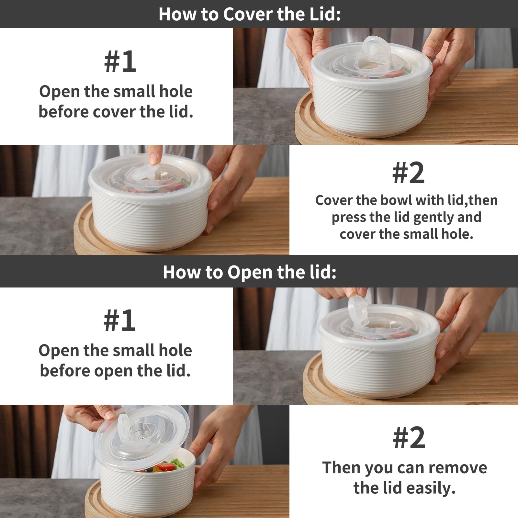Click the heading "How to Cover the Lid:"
[x=250, y=14]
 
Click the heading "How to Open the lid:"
[x=250, y=272]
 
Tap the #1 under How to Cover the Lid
[x=120, y=62]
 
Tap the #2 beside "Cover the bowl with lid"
[x=408, y=173]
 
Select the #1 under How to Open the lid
[x=119, y=320]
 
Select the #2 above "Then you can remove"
[x=409, y=437]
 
